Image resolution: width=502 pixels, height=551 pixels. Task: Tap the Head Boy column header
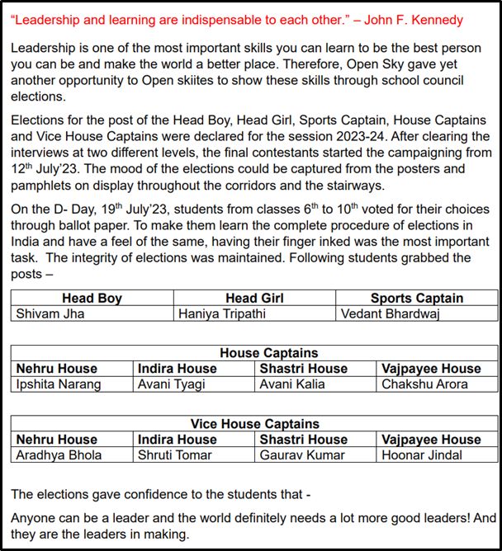92,299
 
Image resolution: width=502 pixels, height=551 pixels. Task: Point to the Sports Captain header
416,299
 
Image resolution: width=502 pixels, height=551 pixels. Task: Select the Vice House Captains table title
254,424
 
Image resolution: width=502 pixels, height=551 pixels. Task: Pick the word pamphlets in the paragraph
43,185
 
